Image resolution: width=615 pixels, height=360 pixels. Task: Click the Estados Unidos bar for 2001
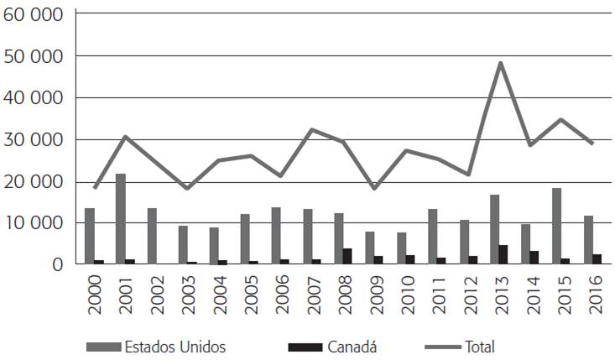tap(121, 219)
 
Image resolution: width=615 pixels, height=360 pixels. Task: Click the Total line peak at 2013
tap(500, 63)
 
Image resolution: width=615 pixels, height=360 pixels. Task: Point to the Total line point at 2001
tap(125, 136)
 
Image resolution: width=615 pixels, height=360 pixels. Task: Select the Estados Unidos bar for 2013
tap(494, 229)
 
